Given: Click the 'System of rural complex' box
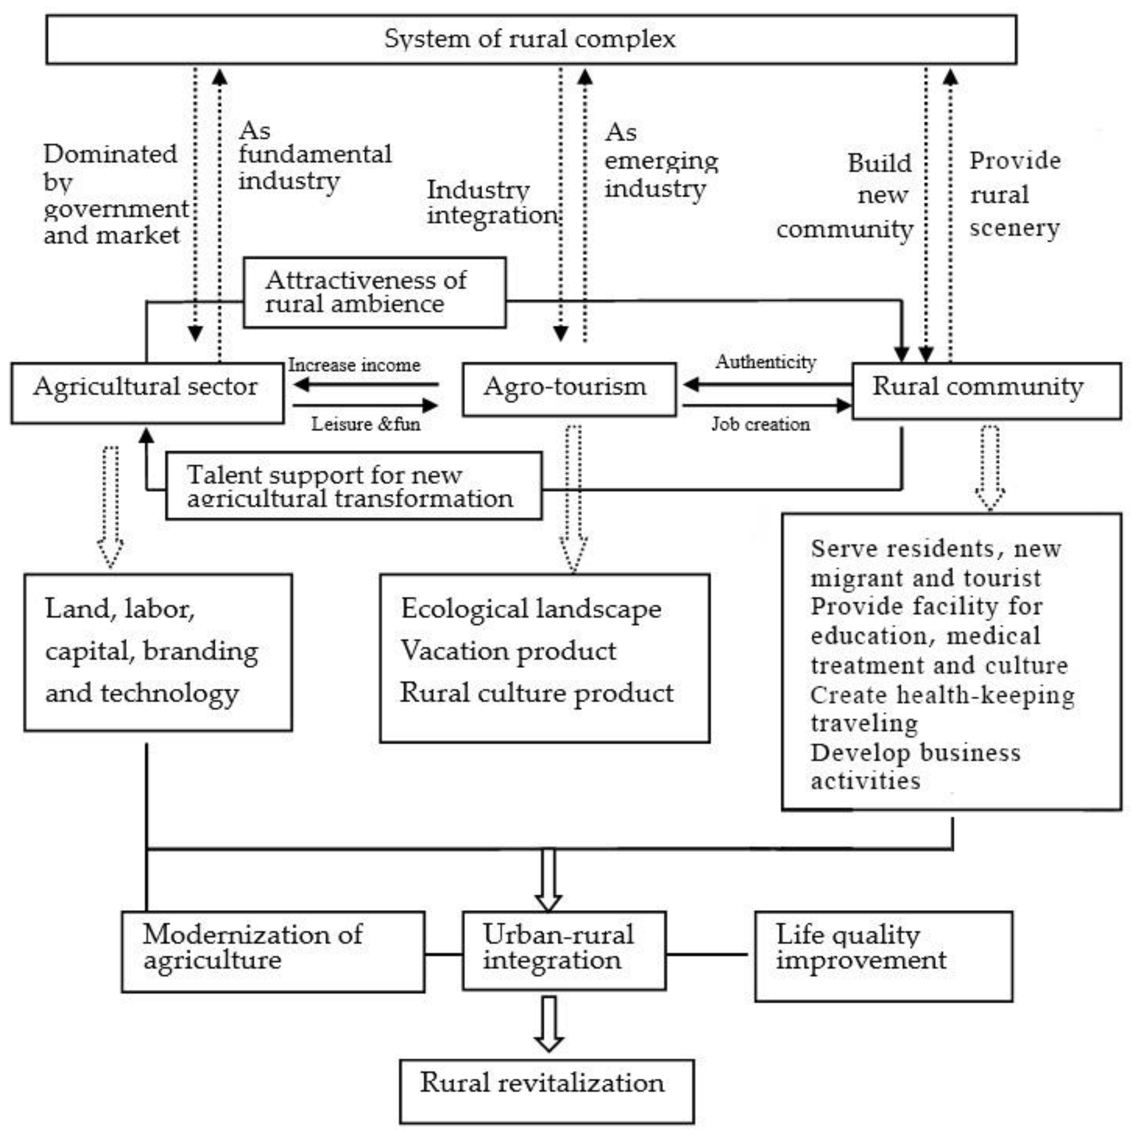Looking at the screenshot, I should point(531,39).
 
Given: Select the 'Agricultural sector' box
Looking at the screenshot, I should point(147,392).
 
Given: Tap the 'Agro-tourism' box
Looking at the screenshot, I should point(569,389).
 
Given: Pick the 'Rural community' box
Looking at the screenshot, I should point(986,390).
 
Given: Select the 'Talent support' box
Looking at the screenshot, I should point(354,486).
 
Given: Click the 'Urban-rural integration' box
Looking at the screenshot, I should point(564,950).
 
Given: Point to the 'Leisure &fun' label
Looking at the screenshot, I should point(365,424).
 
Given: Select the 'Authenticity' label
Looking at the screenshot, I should point(765,362).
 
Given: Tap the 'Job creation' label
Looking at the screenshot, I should point(760,424).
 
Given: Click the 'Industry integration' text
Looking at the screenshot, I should point(491,203).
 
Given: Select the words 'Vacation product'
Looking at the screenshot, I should point(508,651).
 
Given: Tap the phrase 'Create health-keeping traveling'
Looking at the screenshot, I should point(941,709).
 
